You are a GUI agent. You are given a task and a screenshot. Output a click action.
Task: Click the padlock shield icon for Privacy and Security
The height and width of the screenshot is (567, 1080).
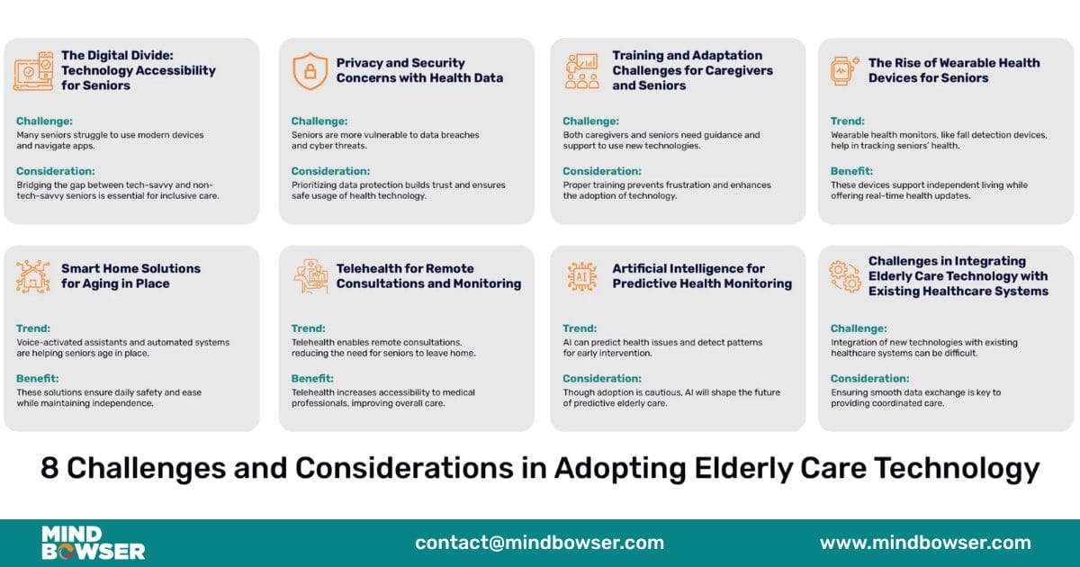point(310,71)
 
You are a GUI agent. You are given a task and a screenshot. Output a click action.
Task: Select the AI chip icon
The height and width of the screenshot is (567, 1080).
point(582,276)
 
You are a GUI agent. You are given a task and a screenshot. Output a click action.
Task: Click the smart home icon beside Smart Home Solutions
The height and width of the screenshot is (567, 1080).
point(33,276)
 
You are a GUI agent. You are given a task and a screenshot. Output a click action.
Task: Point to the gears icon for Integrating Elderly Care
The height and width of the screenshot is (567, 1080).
point(845,276)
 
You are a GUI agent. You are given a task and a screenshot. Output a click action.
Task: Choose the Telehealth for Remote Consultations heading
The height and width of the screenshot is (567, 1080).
point(428,276)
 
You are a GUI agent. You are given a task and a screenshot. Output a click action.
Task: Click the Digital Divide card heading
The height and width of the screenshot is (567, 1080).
point(138,70)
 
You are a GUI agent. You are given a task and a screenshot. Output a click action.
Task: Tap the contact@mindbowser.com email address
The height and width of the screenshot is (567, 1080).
point(539,543)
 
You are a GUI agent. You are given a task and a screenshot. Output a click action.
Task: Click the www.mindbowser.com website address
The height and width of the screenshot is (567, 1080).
point(925,543)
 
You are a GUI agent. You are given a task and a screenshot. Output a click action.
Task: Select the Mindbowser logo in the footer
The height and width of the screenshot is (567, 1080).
point(93,543)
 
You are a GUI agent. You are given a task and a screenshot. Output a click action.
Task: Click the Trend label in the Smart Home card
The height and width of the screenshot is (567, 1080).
point(33,328)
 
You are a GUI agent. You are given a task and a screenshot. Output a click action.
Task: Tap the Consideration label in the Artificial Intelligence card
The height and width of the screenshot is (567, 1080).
point(602,379)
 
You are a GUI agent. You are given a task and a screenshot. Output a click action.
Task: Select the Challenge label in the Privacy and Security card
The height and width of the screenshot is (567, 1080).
point(319,121)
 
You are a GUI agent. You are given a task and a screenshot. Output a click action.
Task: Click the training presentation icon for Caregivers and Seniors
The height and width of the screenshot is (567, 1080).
point(582,71)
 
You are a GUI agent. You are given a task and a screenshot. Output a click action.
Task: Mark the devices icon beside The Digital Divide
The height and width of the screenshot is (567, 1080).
point(33,71)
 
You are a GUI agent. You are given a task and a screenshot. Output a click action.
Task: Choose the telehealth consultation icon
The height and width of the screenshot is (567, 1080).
point(310,276)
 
